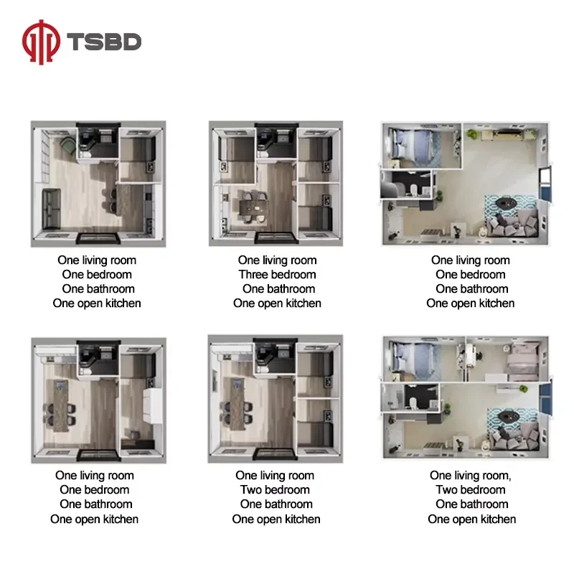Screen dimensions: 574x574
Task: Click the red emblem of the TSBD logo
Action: point(41,42)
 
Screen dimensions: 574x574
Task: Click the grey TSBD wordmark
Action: point(104,42)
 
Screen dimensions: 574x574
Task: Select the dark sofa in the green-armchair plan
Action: point(51,208)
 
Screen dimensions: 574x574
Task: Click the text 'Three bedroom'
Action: point(277,275)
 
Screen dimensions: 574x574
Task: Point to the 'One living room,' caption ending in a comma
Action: point(471,475)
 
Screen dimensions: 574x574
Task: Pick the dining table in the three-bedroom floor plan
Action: point(253,207)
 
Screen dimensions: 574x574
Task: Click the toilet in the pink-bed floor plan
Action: point(413,403)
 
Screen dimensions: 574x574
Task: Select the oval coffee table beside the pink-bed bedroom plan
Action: point(509,415)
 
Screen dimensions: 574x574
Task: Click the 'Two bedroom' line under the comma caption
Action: point(471,490)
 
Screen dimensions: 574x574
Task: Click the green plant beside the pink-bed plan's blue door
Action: point(523,388)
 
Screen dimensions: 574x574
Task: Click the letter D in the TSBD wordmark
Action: point(131,42)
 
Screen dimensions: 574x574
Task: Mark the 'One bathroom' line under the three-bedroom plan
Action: point(278,289)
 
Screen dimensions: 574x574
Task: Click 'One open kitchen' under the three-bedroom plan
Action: point(277,304)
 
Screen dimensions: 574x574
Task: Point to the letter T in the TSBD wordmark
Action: point(76,42)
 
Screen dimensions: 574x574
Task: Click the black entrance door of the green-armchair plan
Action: point(98,239)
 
